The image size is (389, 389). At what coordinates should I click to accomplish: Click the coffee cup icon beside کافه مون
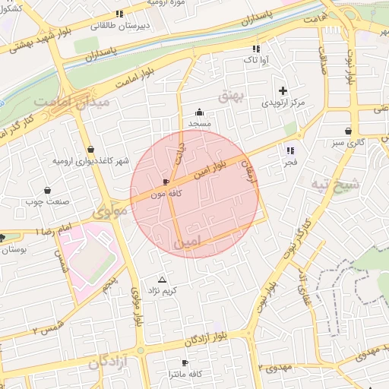pos(166,182)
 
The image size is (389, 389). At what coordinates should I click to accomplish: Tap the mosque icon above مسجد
pos(199,112)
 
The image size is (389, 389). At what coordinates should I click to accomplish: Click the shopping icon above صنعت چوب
pos(48,191)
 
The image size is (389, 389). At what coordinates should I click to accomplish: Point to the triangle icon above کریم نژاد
pos(161,280)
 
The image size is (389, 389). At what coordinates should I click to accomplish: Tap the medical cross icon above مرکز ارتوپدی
pos(283,90)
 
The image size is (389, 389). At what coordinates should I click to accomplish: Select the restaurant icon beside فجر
pos(289,150)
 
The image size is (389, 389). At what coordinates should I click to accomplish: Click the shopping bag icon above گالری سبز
pos(349,131)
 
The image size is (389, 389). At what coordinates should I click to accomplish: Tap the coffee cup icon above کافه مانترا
pos(185,363)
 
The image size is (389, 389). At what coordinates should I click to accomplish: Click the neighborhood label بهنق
pos(229,96)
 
